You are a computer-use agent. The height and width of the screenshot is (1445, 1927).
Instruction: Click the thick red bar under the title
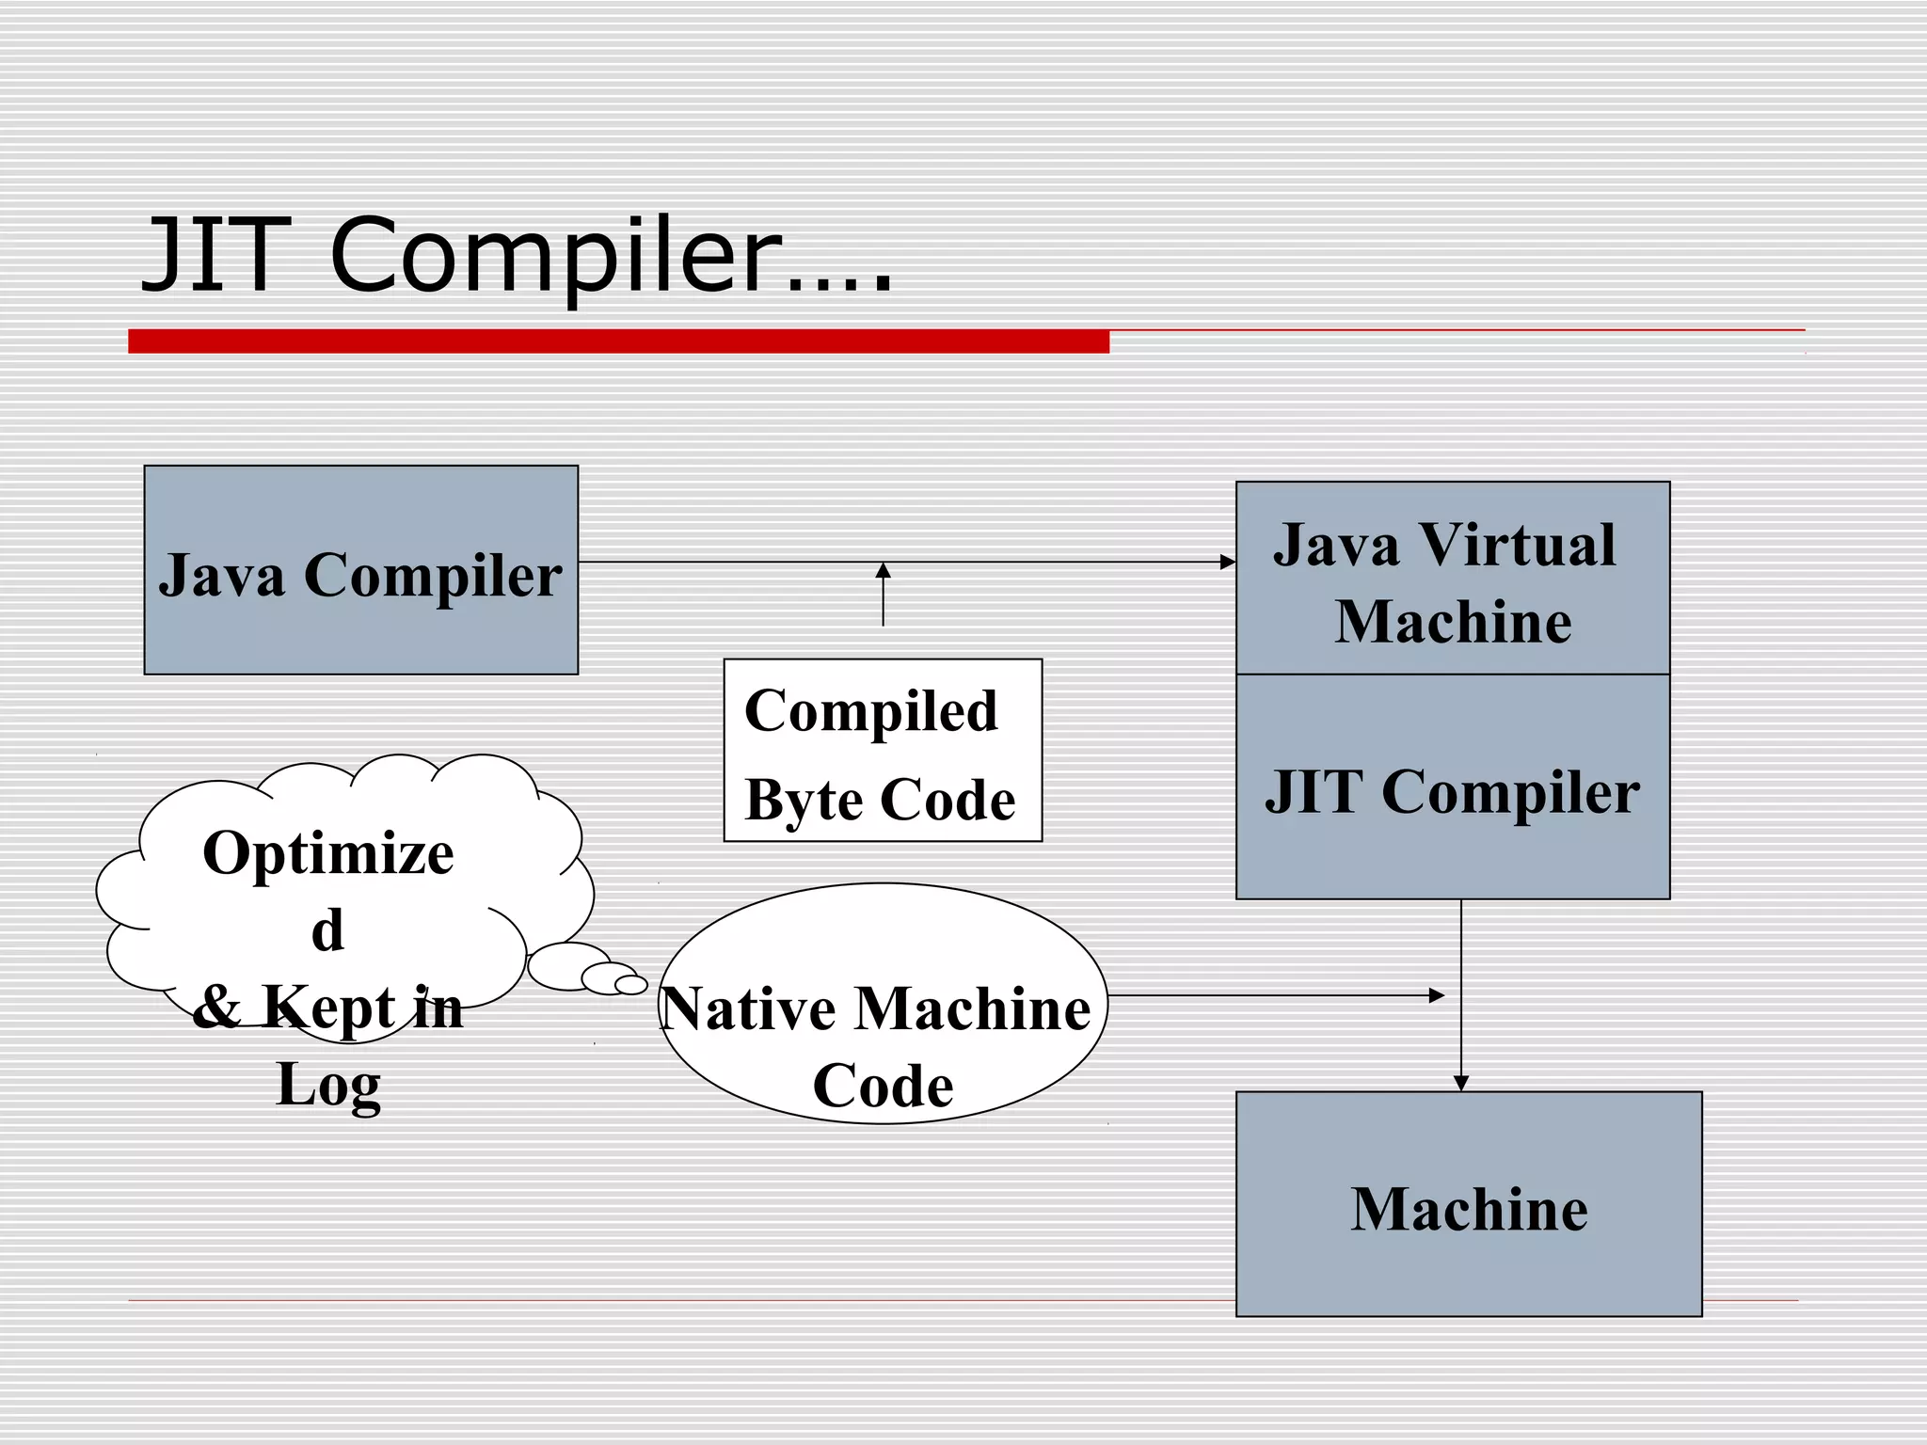[618, 341]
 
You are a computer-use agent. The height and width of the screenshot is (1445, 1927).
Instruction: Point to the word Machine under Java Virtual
[1453, 622]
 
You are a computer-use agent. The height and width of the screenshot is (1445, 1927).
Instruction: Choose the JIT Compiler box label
[1452, 792]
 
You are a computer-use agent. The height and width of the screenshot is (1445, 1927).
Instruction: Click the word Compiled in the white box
[870, 711]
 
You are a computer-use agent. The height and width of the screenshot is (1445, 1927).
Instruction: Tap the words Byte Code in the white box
[880, 801]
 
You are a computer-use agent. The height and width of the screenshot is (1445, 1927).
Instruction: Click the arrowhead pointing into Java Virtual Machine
[1228, 562]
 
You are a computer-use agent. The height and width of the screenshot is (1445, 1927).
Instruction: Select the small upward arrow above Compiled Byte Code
[883, 593]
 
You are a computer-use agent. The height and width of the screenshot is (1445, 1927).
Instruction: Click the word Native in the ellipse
[749, 1009]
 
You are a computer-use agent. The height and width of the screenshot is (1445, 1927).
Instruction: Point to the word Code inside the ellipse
[883, 1087]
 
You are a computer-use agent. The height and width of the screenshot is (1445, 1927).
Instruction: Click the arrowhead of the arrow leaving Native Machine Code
[1436, 995]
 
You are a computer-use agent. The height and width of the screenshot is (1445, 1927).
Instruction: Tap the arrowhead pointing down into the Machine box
[1460, 1084]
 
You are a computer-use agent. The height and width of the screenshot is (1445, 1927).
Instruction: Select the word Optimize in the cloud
[328, 854]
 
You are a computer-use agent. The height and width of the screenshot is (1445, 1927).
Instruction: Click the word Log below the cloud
[328, 1085]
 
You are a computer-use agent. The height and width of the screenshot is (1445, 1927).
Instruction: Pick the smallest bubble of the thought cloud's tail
[630, 984]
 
